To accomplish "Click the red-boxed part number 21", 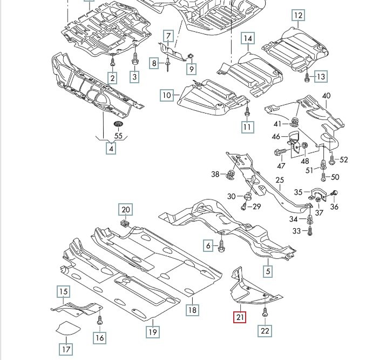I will (x=239, y=318).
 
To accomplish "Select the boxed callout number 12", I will (x=299, y=15).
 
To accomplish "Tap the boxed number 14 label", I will (x=247, y=38).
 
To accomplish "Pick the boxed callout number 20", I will (x=125, y=209).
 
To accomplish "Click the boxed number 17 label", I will (x=65, y=349).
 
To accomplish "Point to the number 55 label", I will (x=118, y=136).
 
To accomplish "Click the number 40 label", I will (x=326, y=96).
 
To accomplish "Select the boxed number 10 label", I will (x=167, y=96).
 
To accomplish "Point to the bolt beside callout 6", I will (x=222, y=246).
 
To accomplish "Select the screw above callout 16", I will (x=99, y=321).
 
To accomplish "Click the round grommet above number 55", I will (x=117, y=125).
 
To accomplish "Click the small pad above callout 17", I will (x=66, y=328).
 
